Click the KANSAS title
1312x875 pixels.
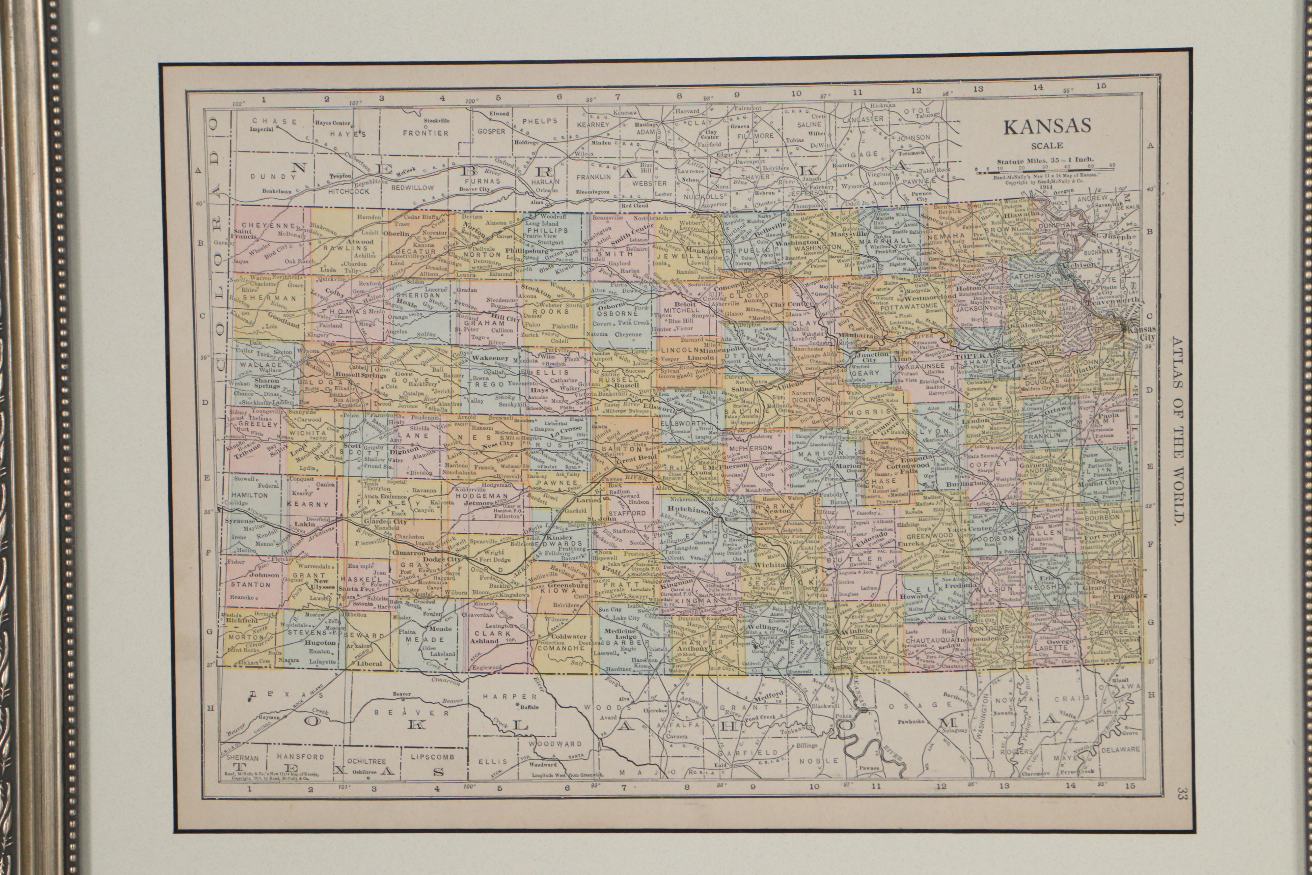point(1047,127)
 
